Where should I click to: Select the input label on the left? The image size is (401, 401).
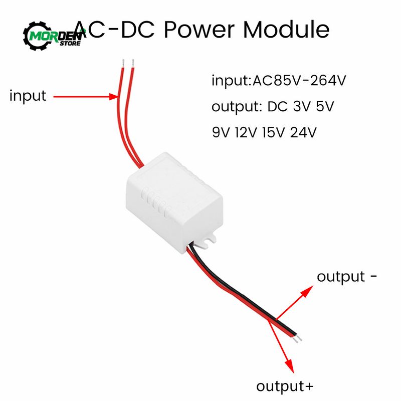click(x=28, y=96)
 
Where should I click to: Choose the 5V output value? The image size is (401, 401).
click(x=325, y=106)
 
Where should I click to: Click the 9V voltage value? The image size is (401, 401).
click(x=220, y=132)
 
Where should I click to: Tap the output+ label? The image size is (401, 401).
click(x=285, y=386)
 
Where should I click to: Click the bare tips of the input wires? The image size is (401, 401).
click(x=127, y=63)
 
